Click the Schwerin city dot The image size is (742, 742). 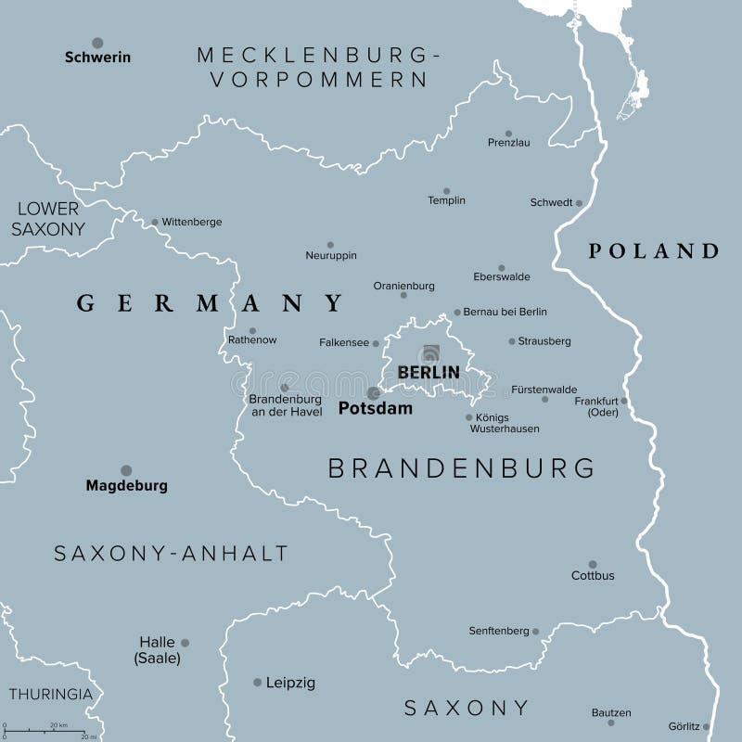[x=97, y=43]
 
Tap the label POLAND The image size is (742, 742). [x=654, y=250]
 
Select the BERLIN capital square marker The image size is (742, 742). [x=429, y=352]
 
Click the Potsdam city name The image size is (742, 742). [x=376, y=408]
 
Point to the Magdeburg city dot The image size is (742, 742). [x=126, y=470]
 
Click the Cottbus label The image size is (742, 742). [x=593, y=576]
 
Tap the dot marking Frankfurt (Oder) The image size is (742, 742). [x=624, y=402]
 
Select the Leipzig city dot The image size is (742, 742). [x=257, y=682]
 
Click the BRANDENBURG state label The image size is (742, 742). [x=462, y=468]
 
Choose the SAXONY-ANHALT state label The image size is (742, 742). [x=171, y=554]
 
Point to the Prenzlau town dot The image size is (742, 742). [x=508, y=134]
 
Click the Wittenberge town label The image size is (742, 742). [x=192, y=223]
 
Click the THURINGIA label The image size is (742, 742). [x=50, y=694]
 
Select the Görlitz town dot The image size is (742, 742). [x=706, y=726]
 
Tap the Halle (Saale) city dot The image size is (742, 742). [x=185, y=642]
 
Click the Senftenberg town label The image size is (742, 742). [x=498, y=632]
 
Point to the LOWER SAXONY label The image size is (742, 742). [x=49, y=219]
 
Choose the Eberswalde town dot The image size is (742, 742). [x=502, y=268]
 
